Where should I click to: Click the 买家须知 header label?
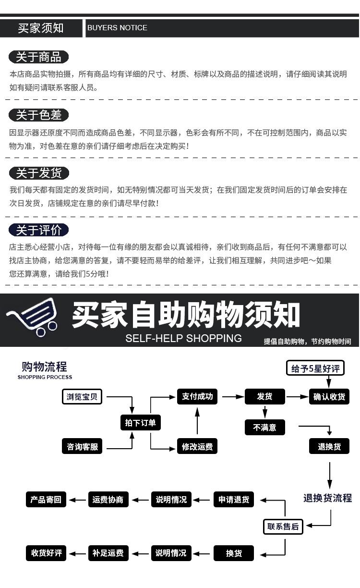(41, 28)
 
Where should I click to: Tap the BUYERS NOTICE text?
(117, 28)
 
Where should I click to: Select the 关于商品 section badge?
(38, 57)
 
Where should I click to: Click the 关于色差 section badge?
(38, 115)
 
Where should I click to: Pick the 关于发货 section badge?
(38, 173)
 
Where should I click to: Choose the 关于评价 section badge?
(38, 230)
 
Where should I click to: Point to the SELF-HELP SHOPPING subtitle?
(183, 338)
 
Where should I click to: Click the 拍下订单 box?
(140, 423)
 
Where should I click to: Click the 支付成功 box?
(197, 397)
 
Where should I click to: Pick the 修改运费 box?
(197, 447)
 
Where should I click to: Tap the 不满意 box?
(264, 427)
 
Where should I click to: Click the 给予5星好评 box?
(315, 368)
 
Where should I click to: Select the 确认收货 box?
(329, 397)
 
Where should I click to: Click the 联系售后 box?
(283, 527)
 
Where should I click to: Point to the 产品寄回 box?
(46, 500)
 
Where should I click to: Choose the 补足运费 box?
(108, 553)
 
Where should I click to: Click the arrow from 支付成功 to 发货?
(233, 397)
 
